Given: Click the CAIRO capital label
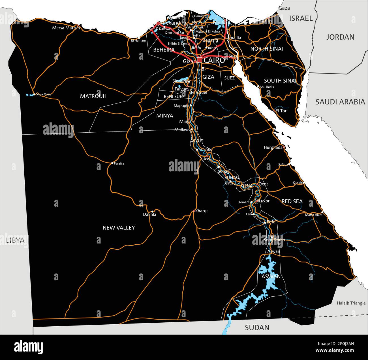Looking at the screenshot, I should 214,60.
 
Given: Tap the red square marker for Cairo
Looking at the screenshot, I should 200,60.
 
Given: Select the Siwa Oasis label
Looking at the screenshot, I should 44,94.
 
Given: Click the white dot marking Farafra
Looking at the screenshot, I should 112,163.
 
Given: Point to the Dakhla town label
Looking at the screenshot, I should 149,214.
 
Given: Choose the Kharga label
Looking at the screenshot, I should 202,211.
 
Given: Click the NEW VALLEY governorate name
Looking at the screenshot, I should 119,228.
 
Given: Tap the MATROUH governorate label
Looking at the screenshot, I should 93,96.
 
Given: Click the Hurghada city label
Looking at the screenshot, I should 273,147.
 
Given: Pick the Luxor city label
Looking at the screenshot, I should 264,201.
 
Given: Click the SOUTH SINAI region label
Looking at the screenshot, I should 280,81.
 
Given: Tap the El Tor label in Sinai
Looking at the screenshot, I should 281,111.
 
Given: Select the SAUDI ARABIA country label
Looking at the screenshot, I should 340,102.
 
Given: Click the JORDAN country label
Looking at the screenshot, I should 340,37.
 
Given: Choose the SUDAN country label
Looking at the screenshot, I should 257,327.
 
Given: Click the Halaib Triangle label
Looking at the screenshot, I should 351,303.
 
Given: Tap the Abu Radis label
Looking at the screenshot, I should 267,87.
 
